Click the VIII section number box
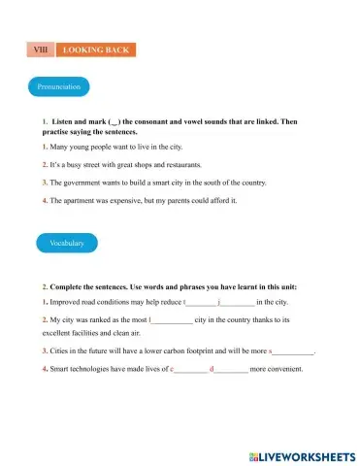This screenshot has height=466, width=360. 41,49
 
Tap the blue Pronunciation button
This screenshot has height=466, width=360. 58,86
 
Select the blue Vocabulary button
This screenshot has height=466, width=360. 60,243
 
